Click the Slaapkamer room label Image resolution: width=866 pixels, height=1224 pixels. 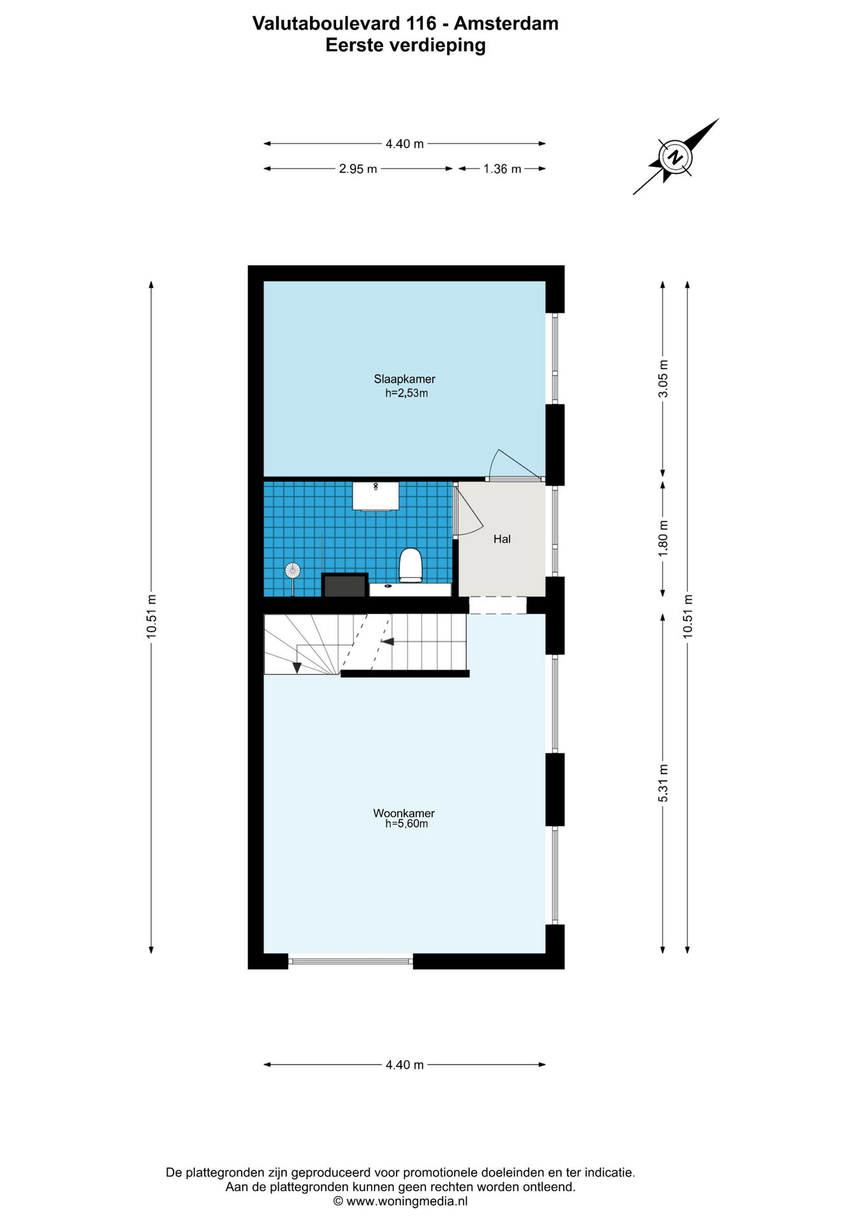pyautogui.click(x=404, y=379)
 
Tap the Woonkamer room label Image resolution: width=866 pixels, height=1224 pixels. pyautogui.click(x=404, y=813)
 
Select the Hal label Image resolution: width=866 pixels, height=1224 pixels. pyautogui.click(x=502, y=539)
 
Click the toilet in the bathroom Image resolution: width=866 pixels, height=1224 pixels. pyautogui.click(x=411, y=565)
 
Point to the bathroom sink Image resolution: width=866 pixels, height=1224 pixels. pyautogui.click(x=376, y=496)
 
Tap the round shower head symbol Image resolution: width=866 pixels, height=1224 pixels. pyautogui.click(x=293, y=570)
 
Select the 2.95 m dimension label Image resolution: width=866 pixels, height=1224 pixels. pyautogui.click(x=358, y=169)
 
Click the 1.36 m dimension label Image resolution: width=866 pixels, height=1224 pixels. pyautogui.click(x=502, y=169)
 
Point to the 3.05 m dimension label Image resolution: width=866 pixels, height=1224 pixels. pyautogui.click(x=663, y=379)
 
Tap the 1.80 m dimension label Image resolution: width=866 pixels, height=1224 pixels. pyautogui.click(x=663, y=539)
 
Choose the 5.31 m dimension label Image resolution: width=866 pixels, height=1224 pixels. pyautogui.click(x=663, y=783)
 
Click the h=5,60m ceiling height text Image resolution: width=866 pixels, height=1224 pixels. pyautogui.click(x=406, y=824)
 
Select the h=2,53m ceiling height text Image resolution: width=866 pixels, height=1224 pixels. pyautogui.click(x=406, y=393)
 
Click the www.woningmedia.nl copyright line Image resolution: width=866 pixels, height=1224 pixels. pyautogui.click(x=400, y=1201)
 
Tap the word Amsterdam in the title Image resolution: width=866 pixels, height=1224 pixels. pyautogui.click(x=506, y=24)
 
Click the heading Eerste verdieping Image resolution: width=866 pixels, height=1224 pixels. pyautogui.click(x=406, y=45)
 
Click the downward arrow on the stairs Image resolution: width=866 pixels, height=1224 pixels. pyautogui.click(x=297, y=667)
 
